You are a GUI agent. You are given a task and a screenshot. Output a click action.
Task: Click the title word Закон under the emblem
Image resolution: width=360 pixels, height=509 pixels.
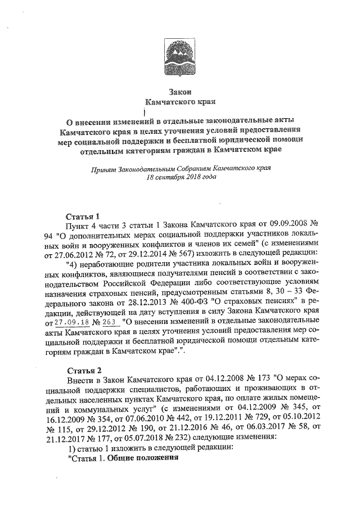[180, 92]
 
